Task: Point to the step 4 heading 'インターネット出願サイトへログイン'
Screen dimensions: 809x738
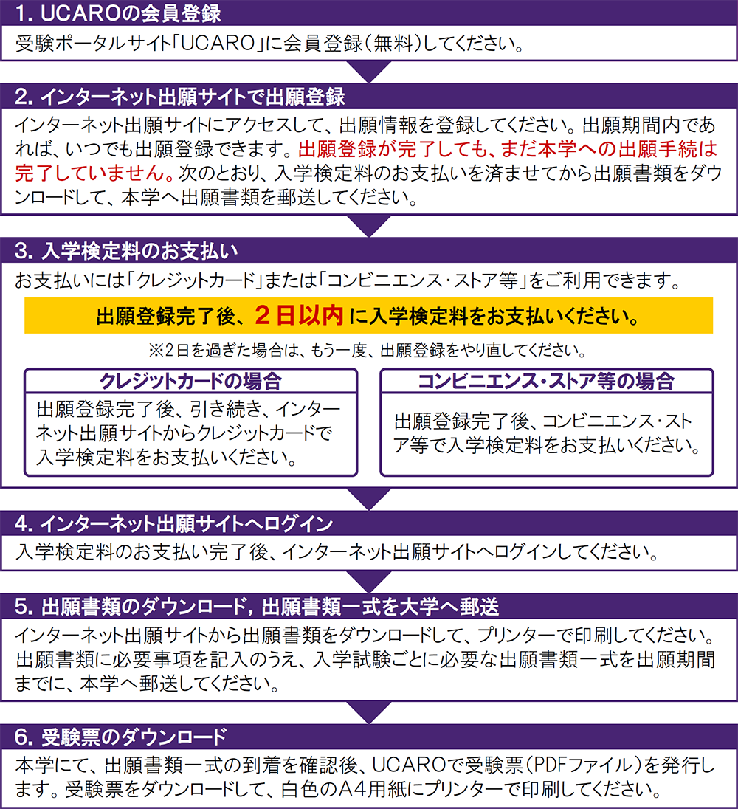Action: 173,524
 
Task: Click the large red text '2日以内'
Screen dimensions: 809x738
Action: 299,316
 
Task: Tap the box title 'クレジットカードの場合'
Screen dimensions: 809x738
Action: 190,382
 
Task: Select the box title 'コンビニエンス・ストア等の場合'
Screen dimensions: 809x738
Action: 546,382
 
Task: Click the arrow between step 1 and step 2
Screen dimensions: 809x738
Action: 368,72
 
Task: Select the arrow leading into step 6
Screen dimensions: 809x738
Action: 368,712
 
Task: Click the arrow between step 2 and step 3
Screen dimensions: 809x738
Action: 368,226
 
